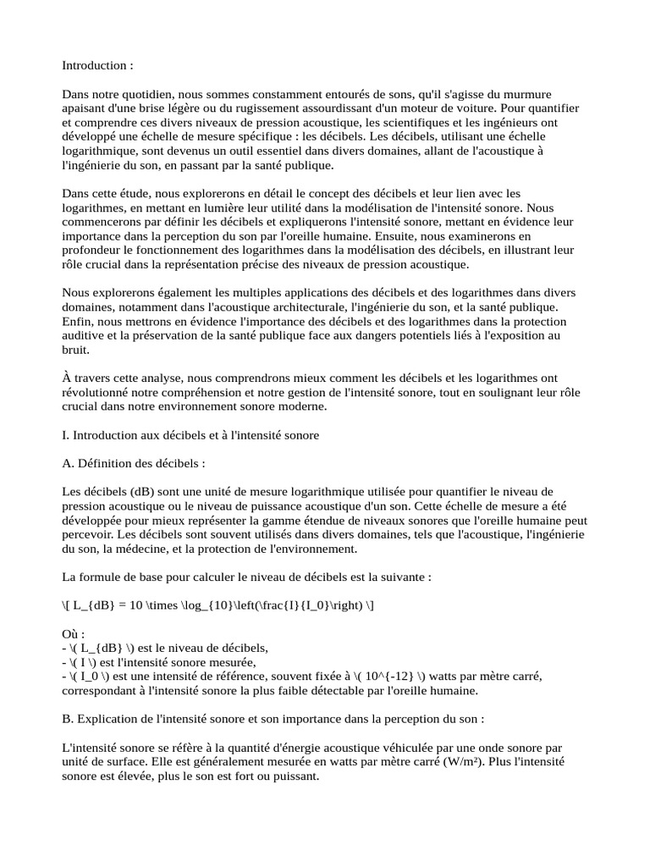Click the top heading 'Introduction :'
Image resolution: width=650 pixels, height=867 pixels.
(x=97, y=65)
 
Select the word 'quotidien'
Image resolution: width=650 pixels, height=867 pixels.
(x=145, y=93)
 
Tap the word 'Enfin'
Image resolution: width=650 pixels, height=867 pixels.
(x=77, y=319)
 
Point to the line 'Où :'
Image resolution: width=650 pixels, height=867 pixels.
(x=74, y=634)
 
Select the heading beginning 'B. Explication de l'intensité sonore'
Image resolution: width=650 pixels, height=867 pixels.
(x=273, y=720)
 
